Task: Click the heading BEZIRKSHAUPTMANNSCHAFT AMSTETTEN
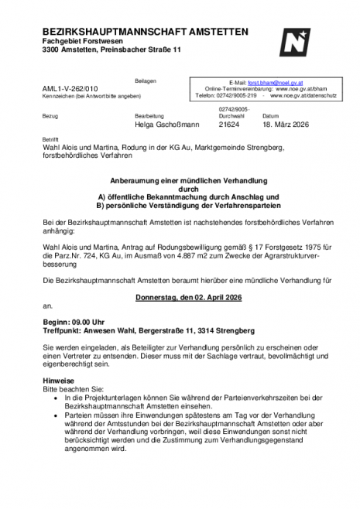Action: click(x=146, y=31)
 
